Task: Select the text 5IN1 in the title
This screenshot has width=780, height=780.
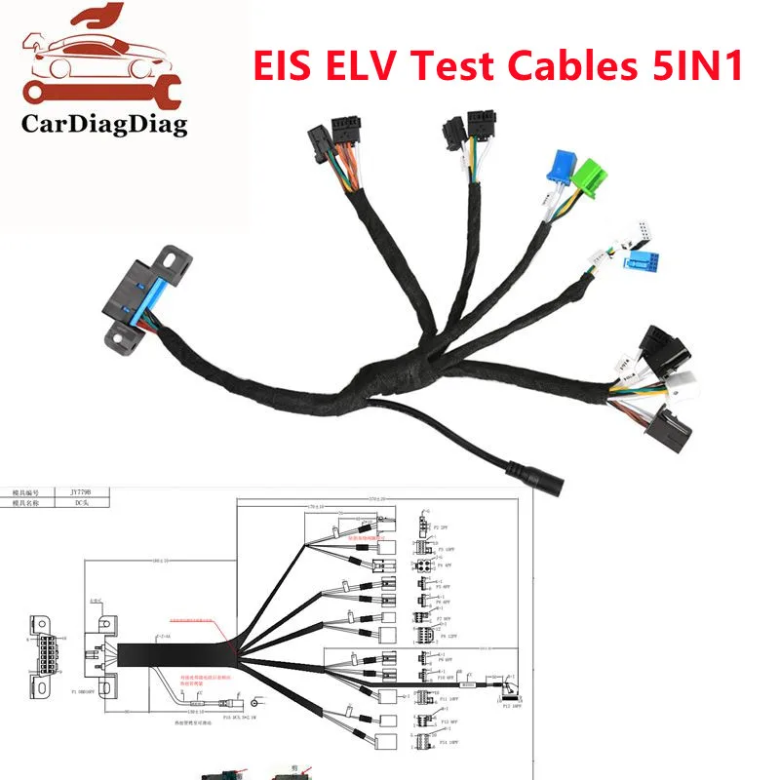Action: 701,65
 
